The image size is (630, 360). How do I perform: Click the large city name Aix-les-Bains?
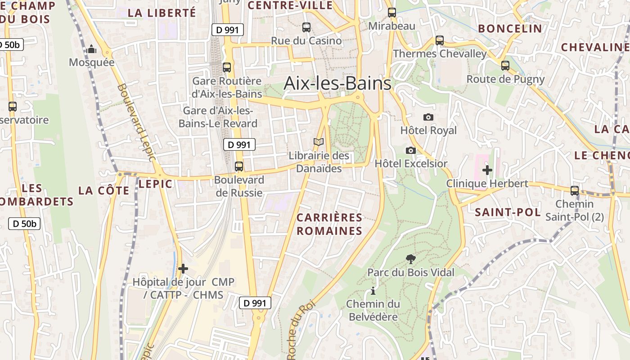pos(337,84)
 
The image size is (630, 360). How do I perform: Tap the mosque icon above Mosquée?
pos(92,49)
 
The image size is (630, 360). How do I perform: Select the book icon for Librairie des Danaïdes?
pos(319,142)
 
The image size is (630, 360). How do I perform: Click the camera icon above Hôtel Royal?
pos(428,117)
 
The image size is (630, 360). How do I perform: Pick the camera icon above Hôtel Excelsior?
pos(410,150)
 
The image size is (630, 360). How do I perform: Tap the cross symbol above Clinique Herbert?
pos(487,170)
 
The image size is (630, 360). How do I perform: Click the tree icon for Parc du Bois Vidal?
pos(410,259)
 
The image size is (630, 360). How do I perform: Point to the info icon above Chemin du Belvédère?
pos(373,291)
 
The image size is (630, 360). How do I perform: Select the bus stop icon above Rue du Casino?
pos(306,27)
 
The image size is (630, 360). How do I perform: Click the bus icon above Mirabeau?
pos(392,13)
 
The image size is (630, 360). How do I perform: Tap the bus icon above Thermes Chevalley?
pos(440,40)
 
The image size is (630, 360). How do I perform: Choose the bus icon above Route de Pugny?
pos(505,66)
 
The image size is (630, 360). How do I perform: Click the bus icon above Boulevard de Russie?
pos(239,166)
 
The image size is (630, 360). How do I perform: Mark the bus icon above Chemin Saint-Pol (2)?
pos(575,190)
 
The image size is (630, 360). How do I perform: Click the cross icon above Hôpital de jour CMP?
pos(183,269)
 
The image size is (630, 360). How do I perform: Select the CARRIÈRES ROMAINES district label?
pos(329,224)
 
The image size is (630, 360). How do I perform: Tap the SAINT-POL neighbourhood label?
pos(508,212)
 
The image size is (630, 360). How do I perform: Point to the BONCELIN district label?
pos(510,29)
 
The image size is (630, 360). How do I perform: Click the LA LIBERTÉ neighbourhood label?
pos(162,13)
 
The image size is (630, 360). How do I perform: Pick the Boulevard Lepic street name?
pos(136,122)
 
